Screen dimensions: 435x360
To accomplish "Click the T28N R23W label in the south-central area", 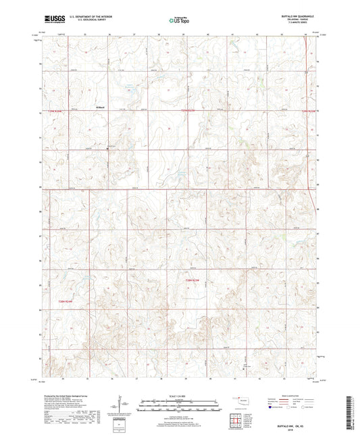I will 194,279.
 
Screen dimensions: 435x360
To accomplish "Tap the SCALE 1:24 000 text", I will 179,394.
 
